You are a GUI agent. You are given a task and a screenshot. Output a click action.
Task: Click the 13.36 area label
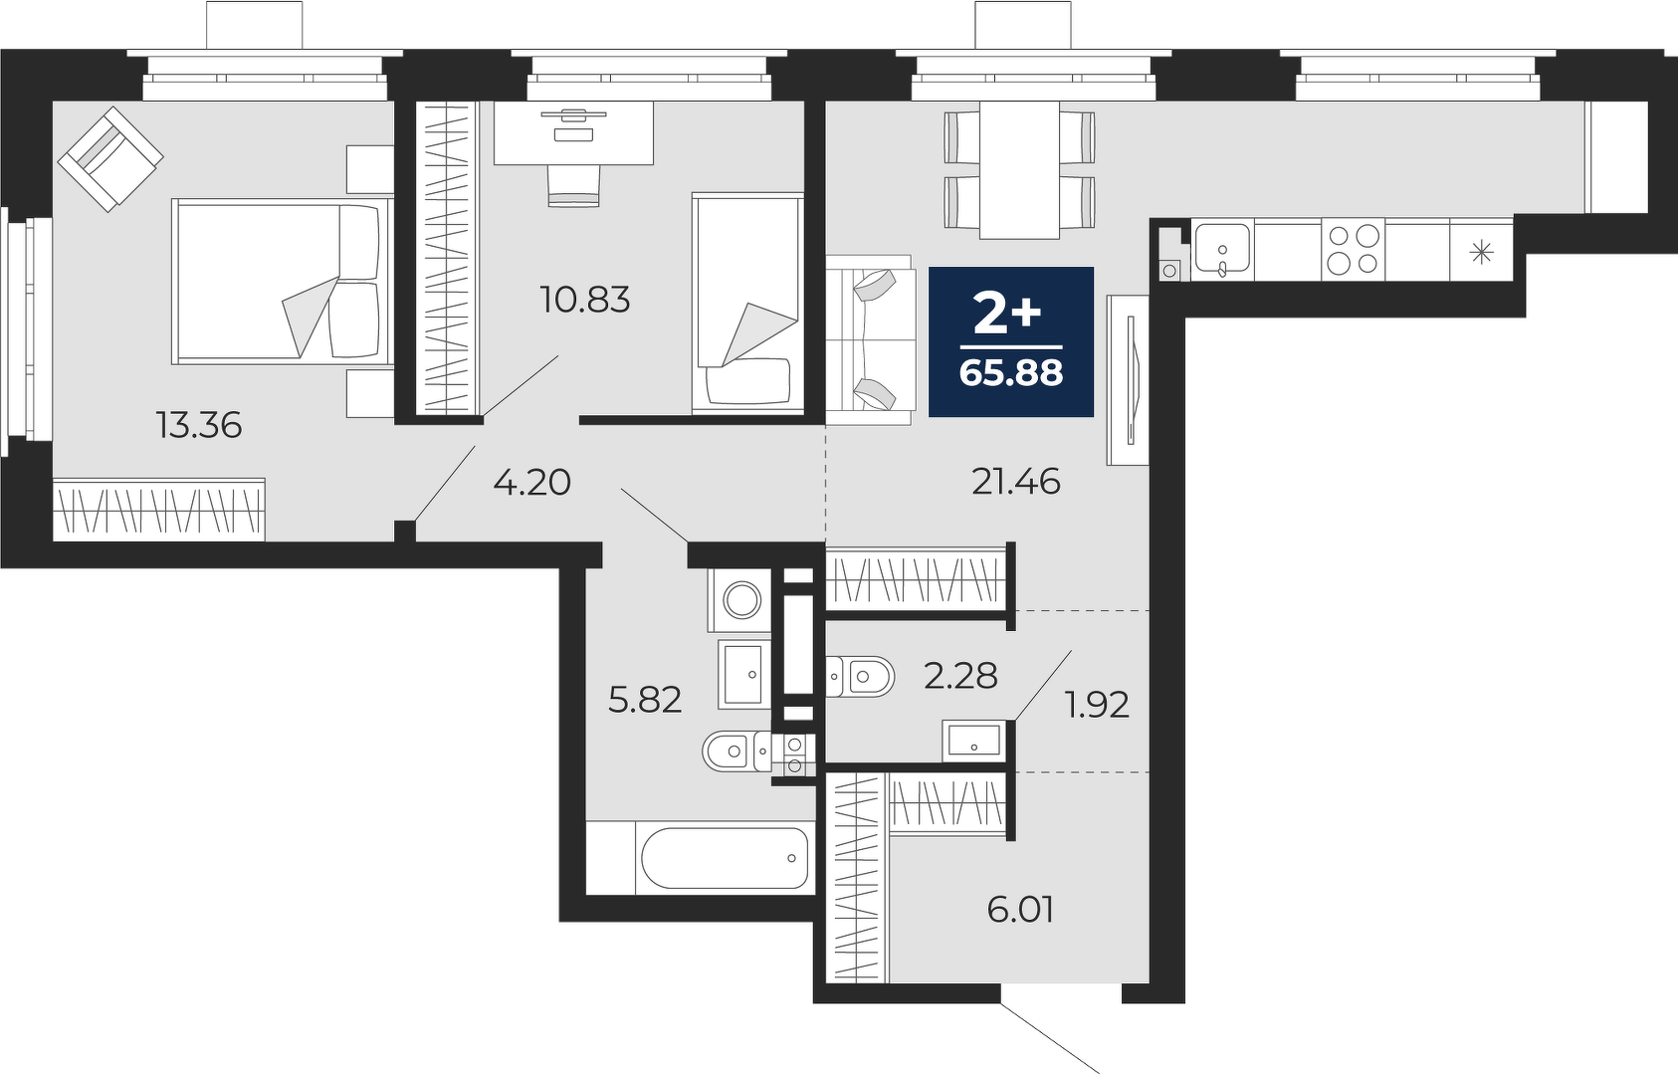tap(199, 425)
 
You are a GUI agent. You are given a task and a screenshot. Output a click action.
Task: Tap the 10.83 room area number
tap(585, 300)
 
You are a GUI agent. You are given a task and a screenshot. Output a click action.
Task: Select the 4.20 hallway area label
tap(531, 483)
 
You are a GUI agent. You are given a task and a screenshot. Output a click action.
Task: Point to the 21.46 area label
tap(1016, 483)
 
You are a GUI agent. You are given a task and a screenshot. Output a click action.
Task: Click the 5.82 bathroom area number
tap(645, 701)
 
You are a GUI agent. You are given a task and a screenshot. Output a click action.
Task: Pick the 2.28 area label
tap(960, 677)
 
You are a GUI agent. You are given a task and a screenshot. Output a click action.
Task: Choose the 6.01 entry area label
tap(1020, 911)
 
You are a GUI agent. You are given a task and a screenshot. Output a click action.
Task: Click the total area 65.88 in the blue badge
tap(1011, 372)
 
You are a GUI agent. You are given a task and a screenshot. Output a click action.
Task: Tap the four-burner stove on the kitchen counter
tap(1353, 250)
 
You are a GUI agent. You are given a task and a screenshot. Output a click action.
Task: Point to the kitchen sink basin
tap(1222, 248)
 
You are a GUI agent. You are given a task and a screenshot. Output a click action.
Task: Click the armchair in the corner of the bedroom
tap(110, 159)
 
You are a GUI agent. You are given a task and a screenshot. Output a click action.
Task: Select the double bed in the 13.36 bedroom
tap(283, 282)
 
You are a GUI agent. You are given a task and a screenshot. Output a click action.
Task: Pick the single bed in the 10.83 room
tap(747, 303)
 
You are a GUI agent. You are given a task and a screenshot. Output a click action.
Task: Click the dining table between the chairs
tap(1019, 169)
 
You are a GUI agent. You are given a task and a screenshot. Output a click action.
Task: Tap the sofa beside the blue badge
tap(871, 340)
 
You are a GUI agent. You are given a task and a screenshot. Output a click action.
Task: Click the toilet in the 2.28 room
tap(860, 677)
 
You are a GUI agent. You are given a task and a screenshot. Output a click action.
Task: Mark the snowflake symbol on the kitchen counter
tap(1481, 253)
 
